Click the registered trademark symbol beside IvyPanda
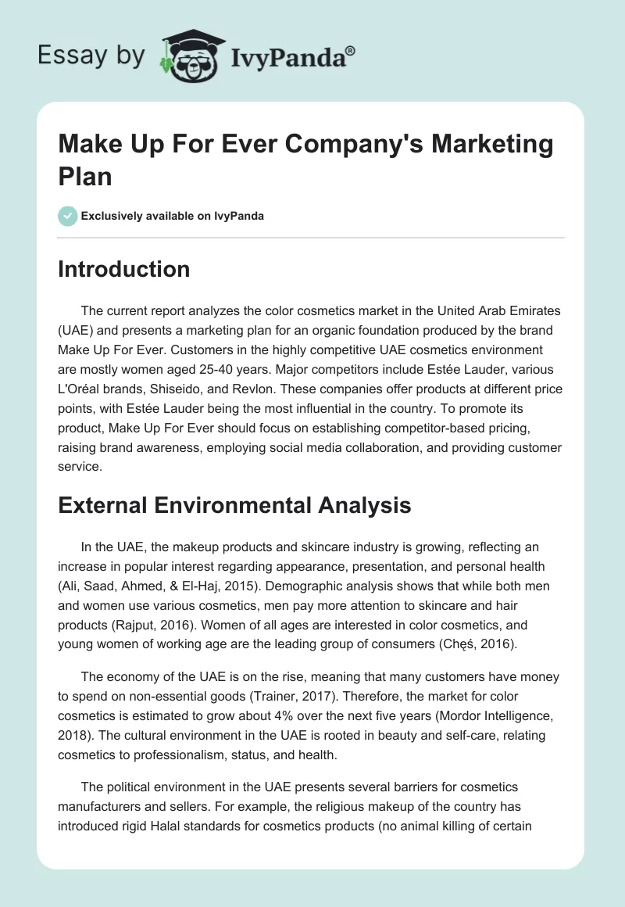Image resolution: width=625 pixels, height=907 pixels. pos(351,50)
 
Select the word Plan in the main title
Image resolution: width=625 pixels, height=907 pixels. pos(85,176)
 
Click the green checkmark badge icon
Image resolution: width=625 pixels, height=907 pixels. pos(67,216)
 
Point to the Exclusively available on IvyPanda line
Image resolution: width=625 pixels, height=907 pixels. pos(172,216)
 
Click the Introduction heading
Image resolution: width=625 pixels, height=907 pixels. pos(123,269)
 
